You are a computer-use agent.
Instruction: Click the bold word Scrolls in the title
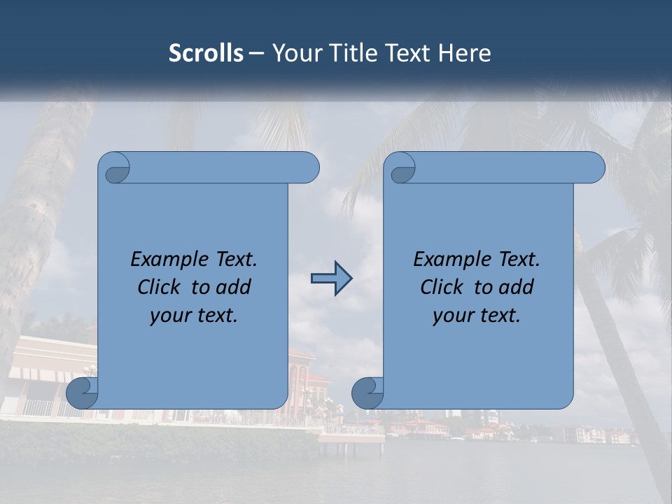pos(206,53)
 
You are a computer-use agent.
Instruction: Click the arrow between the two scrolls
pos(331,279)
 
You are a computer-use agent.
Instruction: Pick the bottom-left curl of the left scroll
pos(83,392)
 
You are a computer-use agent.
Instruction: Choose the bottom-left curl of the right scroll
pos(367,392)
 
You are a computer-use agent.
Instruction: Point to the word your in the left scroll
pos(168,316)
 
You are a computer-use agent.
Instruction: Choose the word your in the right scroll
pos(451,316)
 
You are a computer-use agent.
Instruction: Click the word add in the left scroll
pos(234,287)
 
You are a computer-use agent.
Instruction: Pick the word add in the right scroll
pos(517,287)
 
